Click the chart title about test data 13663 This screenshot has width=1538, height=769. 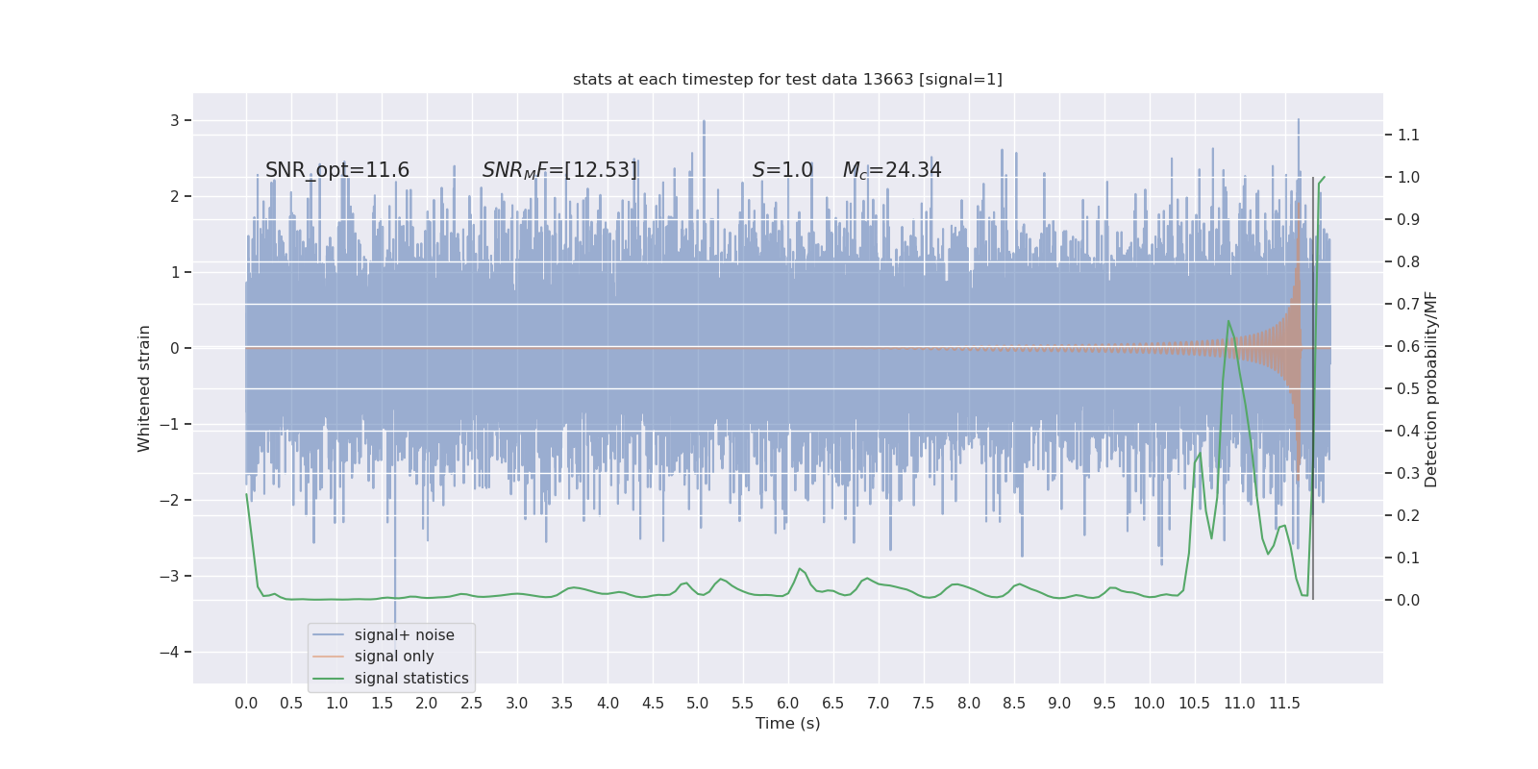787,79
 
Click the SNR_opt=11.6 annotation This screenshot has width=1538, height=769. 337,170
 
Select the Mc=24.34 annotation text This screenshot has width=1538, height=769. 892,170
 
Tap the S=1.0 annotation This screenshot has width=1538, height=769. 782,170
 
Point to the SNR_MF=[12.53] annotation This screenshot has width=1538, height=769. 559,170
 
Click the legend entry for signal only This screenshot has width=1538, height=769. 394,657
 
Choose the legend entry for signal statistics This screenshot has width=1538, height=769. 411,679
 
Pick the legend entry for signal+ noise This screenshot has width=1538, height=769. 404,635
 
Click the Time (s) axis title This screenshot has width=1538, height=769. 787,723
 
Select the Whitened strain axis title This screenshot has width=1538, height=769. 144,388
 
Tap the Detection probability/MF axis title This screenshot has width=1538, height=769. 1431,388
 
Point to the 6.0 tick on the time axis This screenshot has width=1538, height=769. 788,703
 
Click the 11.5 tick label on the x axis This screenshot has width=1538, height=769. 1284,703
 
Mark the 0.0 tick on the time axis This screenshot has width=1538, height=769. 246,703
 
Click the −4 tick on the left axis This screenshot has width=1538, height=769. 174,652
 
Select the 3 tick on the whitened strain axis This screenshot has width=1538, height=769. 175,120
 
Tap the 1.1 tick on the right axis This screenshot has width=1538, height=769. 1408,135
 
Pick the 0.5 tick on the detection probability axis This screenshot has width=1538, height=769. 1408,388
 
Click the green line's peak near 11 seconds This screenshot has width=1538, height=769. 1228,321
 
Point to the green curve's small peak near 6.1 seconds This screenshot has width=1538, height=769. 800,568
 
